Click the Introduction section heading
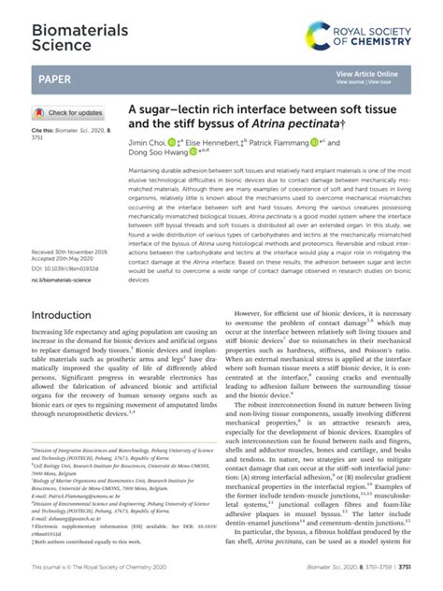66,316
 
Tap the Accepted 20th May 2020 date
63,260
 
